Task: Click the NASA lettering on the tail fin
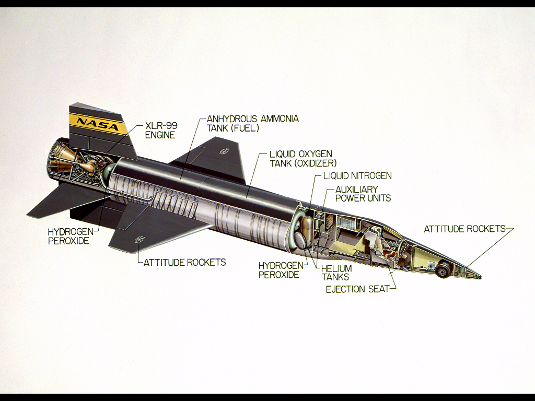pyautogui.click(x=98, y=124)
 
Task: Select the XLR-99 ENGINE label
pyautogui.click(x=161, y=130)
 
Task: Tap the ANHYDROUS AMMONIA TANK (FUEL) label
pyautogui.click(x=253, y=123)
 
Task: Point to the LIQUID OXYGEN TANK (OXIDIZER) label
pyautogui.click(x=303, y=159)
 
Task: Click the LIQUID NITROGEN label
pyautogui.click(x=357, y=176)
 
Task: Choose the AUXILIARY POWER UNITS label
pyautogui.click(x=363, y=194)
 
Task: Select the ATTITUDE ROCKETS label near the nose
pyautogui.click(x=464, y=229)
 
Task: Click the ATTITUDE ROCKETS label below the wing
pyautogui.click(x=184, y=262)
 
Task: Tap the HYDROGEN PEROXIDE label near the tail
pyautogui.click(x=71, y=237)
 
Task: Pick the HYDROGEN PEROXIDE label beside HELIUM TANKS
pyautogui.click(x=281, y=270)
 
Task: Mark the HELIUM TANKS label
pyautogui.click(x=336, y=273)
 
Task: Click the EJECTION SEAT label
pyautogui.click(x=357, y=289)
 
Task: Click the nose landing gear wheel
pyautogui.click(x=443, y=268)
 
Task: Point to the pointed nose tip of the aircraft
pyautogui.click(x=481, y=277)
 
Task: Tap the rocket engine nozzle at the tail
pyautogui.click(x=59, y=160)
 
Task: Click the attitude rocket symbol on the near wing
pyautogui.click(x=139, y=239)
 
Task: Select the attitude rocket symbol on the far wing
pyautogui.click(x=224, y=151)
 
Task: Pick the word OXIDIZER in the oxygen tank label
pyautogui.click(x=315, y=163)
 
